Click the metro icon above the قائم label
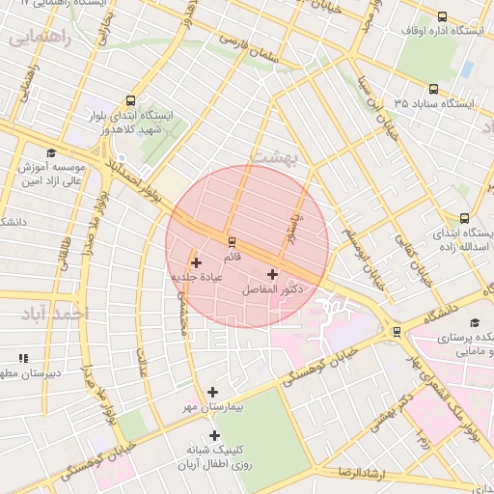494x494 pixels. click(232, 242)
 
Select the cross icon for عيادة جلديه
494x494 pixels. click(196, 262)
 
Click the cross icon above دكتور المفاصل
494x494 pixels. click(271, 275)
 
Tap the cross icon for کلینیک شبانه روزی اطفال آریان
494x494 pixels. click(214, 435)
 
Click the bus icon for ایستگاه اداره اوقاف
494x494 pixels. click(442, 17)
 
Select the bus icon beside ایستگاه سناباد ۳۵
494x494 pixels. click(433, 89)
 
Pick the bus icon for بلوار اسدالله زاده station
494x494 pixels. click(465, 218)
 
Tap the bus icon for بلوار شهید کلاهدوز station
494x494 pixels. click(132, 100)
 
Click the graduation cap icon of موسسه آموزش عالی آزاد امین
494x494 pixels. click(50, 153)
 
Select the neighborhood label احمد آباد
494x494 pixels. click(58, 314)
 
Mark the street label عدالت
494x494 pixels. click(145, 359)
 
